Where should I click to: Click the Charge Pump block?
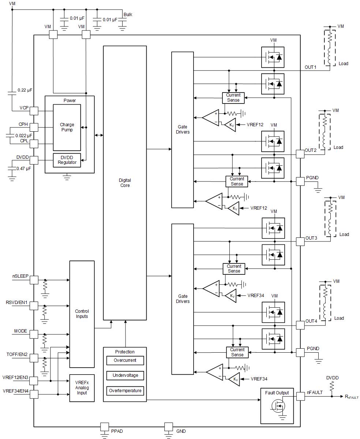[x=67, y=127]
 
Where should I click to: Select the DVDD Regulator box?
[x=67, y=160]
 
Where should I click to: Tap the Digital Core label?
[x=124, y=183]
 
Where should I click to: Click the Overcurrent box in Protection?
[x=125, y=360]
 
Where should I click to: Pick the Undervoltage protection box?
[x=125, y=375]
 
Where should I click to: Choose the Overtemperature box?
[x=125, y=391]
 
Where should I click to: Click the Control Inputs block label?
[x=82, y=314]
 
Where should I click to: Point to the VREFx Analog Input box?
[x=82, y=387]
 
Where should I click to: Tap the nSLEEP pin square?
[x=34, y=280]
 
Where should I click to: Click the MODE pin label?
[x=20, y=331]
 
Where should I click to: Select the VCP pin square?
[x=34, y=110]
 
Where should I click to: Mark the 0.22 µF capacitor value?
[x=25, y=90]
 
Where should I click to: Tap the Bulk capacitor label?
[x=128, y=15]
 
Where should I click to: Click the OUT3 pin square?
[x=300, y=241]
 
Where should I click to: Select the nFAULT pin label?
[x=315, y=392]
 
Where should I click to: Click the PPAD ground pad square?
[x=105, y=427]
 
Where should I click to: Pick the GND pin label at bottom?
[x=181, y=431]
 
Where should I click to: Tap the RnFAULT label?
[x=352, y=397]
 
